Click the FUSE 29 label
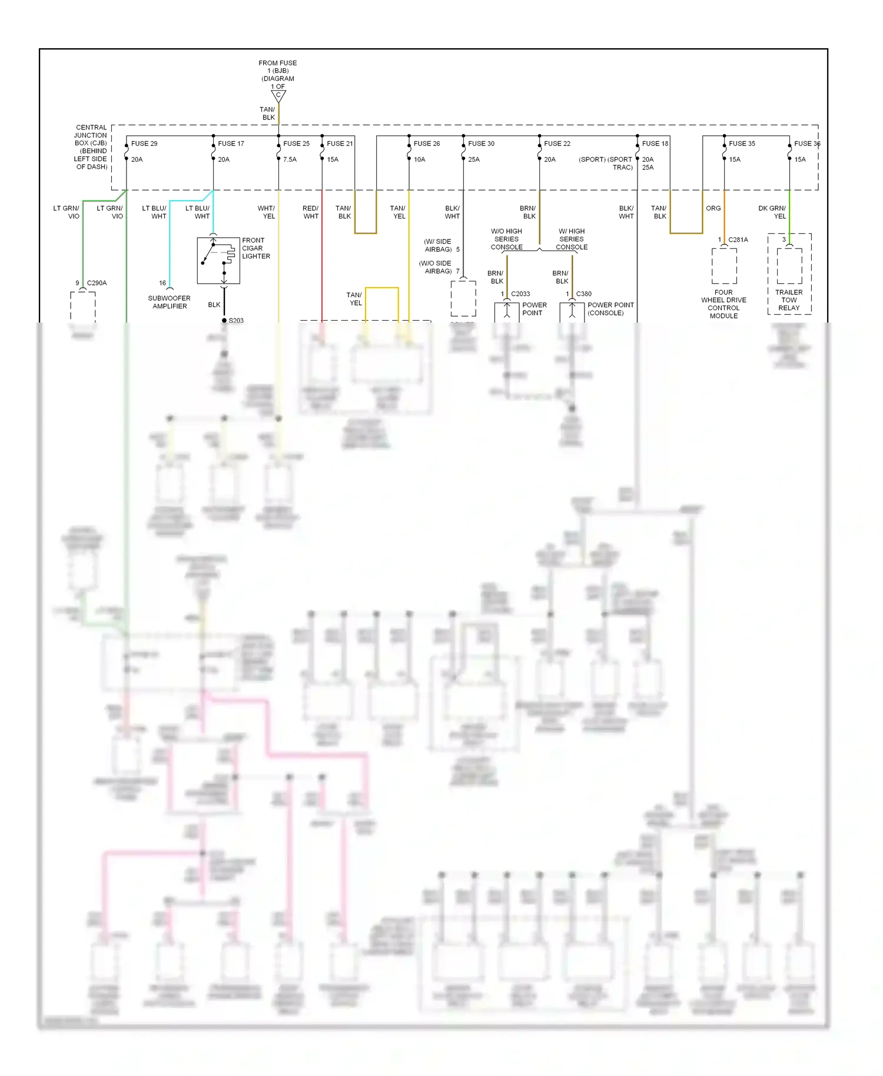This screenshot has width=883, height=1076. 144,144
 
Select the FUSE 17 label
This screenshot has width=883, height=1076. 231,144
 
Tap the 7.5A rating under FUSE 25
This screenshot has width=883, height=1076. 290,160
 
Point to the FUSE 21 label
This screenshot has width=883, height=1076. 340,144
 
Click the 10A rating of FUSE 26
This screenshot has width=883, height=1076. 419,160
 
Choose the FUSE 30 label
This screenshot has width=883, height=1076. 481,144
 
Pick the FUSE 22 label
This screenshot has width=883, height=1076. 557,144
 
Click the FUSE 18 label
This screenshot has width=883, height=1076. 655,144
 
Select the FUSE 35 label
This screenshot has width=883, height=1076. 742,144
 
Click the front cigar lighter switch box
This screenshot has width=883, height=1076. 218,260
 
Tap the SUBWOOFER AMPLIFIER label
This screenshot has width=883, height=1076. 170,302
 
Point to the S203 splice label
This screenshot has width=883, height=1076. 236,321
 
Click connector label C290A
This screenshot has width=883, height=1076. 97,283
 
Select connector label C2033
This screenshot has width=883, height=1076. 520,294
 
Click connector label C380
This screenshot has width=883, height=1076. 584,294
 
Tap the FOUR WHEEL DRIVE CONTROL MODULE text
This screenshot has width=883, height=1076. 723,304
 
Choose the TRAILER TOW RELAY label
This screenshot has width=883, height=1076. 789,300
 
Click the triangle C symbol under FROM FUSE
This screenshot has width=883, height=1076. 278,95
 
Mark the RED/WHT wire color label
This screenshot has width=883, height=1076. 311,212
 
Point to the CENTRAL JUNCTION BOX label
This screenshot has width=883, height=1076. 91,147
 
